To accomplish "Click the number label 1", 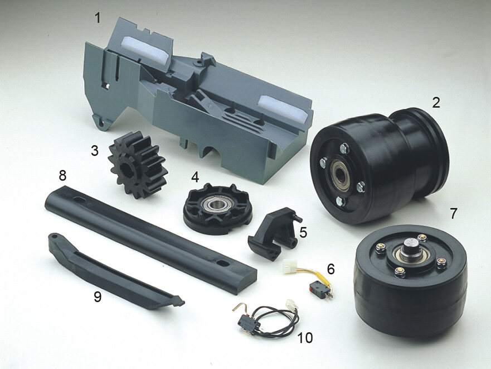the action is pos(98,18).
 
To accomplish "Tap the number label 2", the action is pos(436,103).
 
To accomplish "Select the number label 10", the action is pos(305,338).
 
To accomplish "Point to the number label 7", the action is pos(454,213).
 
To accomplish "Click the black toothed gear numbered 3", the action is pos(137,165).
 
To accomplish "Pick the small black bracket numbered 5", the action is pos(273,233).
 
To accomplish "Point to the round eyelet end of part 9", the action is pos(55,236).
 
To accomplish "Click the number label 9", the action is pos(98,297).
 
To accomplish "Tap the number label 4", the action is pos(195,177).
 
